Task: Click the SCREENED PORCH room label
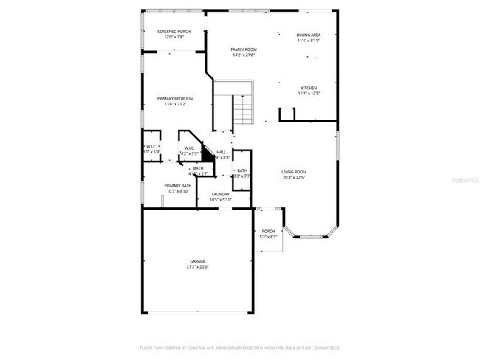(x=174, y=32)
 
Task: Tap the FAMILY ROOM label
(x=244, y=49)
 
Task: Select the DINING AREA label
(x=309, y=35)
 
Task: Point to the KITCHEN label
(x=309, y=88)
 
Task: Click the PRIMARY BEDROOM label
(x=175, y=98)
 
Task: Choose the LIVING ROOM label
(x=294, y=172)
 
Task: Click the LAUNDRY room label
(x=221, y=194)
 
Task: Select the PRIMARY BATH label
(x=178, y=186)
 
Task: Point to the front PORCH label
(x=268, y=231)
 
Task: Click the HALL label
(x=221, y=152)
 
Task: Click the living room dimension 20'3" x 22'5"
(x=294, y=178)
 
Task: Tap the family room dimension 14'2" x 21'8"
(x=244, y=55)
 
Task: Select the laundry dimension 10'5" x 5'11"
(x=221, y=199)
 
